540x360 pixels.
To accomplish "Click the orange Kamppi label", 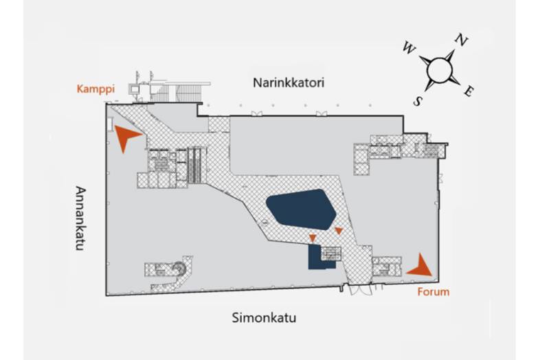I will [x=95, y=89].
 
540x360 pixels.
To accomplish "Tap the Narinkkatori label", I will [x=289, y=83].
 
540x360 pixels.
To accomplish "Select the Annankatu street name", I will [x=80, y=218].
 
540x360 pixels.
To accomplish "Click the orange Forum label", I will [x=434, y=292].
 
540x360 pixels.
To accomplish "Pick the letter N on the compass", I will [x=462, y=41].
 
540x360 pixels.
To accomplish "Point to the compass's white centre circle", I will [x=439, y=69].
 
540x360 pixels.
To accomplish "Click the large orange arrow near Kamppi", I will [x=126, y=137].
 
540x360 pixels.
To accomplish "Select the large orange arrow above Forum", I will [x=420, y=265].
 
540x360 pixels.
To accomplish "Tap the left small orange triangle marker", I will [x=313, y=238].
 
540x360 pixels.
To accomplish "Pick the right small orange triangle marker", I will [x=338, y=231].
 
